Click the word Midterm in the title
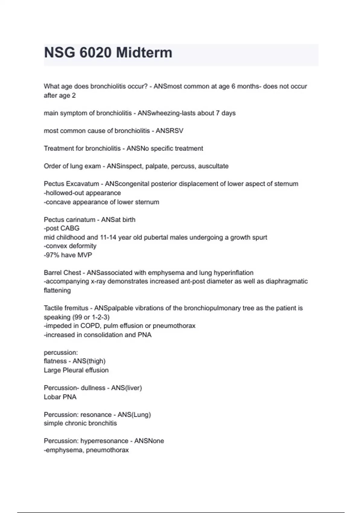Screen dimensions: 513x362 click(x=144, y=53)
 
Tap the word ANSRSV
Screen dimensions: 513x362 click(x=170, y=131)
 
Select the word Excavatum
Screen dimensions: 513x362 click(x=83, y=184)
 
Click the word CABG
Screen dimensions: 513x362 click(x=70, y=228)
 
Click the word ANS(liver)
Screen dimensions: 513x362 click(x=126, y=388)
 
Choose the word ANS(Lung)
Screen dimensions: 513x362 click(x=134, y=415)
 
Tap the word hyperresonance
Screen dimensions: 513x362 click(x=104, y=441)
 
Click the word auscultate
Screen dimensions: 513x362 click(x=213, y=166)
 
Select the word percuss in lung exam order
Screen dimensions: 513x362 click(x=184, y=166)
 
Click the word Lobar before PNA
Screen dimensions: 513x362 click(x=52, y=397)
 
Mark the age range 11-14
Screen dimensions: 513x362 click(x=108, y=237)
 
